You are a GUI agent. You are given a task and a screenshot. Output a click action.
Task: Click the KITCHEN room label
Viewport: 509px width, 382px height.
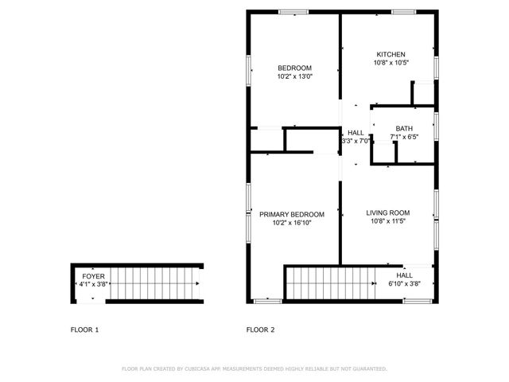(390, 53)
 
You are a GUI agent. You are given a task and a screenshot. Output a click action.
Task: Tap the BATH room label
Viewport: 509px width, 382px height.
(404, 129)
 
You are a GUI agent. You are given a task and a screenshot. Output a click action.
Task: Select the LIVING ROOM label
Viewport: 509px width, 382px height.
(387, 212)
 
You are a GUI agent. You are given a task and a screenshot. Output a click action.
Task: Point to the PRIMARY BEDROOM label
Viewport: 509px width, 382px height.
(292, 214)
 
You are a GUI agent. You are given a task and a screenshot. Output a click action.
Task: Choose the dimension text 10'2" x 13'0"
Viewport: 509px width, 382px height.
(294, 77)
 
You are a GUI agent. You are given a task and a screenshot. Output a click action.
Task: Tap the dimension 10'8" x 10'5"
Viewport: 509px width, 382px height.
(390, 63)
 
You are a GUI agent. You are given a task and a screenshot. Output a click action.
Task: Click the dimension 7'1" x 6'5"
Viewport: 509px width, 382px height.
(404, 138)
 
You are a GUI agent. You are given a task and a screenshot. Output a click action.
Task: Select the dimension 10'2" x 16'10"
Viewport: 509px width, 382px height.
(292, 224)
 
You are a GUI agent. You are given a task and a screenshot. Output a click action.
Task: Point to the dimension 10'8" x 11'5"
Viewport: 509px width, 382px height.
(387, 222)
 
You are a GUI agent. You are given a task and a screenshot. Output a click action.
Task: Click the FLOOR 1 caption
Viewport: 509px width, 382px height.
(85, 329)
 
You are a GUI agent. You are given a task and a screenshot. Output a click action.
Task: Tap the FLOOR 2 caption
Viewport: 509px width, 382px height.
(260, 329)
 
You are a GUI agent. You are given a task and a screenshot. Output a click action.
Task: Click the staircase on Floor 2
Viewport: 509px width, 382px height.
(327, 283)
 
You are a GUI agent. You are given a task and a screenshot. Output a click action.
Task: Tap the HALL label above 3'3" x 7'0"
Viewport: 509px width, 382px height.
(356, 132)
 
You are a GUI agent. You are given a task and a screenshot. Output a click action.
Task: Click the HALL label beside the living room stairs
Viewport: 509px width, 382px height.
(415, 275)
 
